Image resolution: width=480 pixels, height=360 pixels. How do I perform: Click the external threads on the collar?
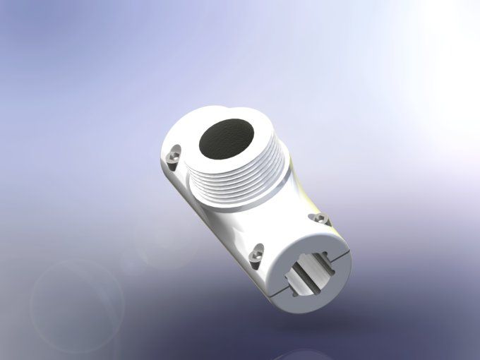coord(240,185)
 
